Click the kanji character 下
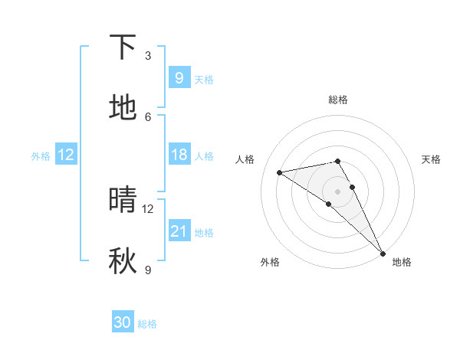pos(123,48)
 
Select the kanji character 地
pos(123,108)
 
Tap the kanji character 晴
pos(123,201)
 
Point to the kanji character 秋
pos(123,261)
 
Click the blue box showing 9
pos(179,78)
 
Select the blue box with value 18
pos(179,155)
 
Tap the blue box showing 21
pos(179,231)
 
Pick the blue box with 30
pos(123,322)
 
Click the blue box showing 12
pos(66,155)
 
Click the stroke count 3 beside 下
pos(148,55)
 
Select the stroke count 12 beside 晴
pos(148,208)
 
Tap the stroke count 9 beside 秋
pos(148,269)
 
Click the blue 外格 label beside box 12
pos(41,155)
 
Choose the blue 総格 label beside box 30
pos(147,324)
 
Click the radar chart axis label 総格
pos(337,100)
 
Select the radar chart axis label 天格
pos(431,159)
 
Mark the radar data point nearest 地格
pos(382,252)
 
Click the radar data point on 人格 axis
pos(280,172)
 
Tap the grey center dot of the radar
pos(337,191)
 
